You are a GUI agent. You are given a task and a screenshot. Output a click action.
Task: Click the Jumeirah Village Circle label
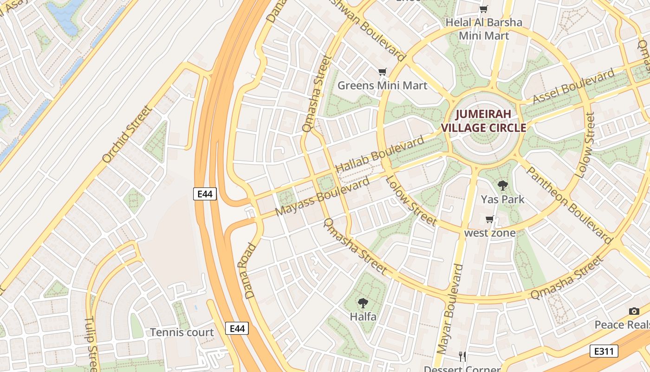click(483, 121)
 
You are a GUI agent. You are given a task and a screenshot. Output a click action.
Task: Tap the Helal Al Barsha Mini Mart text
click(484, 29)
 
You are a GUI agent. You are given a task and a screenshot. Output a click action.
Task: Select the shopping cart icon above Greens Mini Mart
click(382, 72)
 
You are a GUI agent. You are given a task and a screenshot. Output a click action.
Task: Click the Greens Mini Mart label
click(382, 86)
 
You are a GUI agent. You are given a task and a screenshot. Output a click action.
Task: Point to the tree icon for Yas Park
click(502, 186)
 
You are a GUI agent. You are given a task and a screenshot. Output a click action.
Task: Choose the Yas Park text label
click(502, 199)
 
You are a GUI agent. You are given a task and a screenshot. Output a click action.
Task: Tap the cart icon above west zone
click(489, 219)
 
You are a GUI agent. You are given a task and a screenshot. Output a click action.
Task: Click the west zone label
click(490, 233)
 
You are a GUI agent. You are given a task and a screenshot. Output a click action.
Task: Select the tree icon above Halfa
click(363, 303)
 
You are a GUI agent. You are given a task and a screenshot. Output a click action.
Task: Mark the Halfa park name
click(363, 317)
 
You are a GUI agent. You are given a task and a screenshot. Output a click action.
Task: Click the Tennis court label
click(182, 332)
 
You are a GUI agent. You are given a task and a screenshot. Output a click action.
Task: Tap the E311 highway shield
click(604, 351)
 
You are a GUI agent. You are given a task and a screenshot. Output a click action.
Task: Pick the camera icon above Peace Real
click(634, 311)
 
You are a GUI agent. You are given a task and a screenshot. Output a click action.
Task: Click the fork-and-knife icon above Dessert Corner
click(462, 357)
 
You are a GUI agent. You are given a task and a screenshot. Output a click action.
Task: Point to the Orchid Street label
click(127, 134)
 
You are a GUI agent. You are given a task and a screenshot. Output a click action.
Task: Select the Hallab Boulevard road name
click(379, 154)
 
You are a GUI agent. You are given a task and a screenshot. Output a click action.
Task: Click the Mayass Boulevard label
click(322, 197)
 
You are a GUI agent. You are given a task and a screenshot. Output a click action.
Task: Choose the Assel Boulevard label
click(573, 86)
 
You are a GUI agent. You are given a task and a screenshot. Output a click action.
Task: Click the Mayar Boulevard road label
click(450, 315)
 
